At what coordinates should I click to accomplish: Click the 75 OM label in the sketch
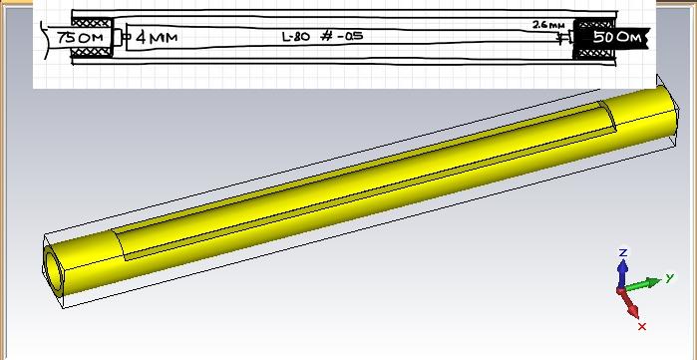pos(80,38)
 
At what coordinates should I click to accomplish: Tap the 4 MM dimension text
pos(156,37)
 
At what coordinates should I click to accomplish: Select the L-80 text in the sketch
pos(295,37)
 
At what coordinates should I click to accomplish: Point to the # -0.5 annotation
pos(341,36)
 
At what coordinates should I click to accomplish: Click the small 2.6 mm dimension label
pos(548,25)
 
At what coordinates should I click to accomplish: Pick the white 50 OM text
pos(618,37)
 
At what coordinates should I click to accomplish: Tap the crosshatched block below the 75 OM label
pos(92,53)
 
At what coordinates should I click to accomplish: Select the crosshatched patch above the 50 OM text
pos(594,25)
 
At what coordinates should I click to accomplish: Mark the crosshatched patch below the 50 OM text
pos(595,54)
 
